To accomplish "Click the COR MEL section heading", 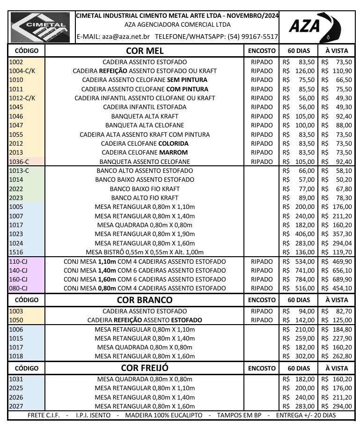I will (145, 50).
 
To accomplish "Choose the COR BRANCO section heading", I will (145, 300).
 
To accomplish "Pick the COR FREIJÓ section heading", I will (145, 368).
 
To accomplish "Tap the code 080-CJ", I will (19, 288).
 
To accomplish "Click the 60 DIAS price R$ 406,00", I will (299, 234).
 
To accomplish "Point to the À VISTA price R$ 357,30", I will (337, 234).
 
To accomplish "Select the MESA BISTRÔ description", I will (145, 252).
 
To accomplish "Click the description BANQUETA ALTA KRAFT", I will (145, 116).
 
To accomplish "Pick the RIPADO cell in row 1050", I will (262, 320).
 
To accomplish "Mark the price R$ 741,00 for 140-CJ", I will (299, 270).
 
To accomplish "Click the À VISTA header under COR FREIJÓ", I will (337, 368).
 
